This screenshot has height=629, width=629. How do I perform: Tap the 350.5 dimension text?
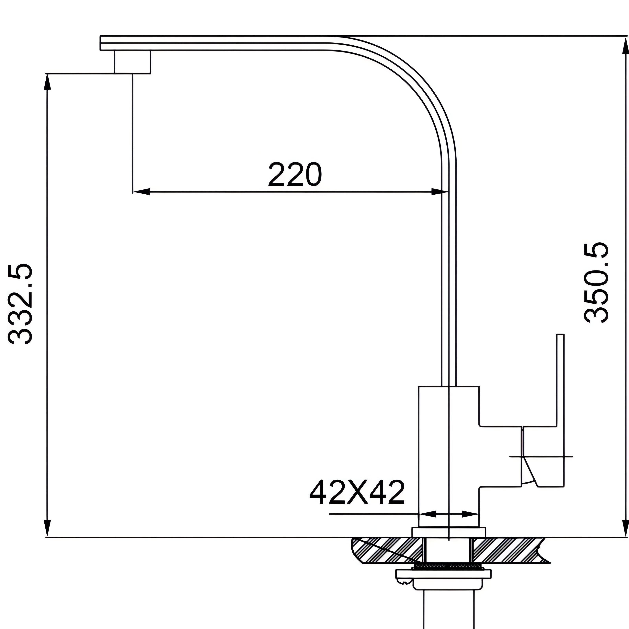596,283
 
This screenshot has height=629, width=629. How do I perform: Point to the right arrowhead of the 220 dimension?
440,192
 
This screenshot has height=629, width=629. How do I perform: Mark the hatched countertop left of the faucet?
387,550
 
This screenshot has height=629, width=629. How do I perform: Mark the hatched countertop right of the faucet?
508,550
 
